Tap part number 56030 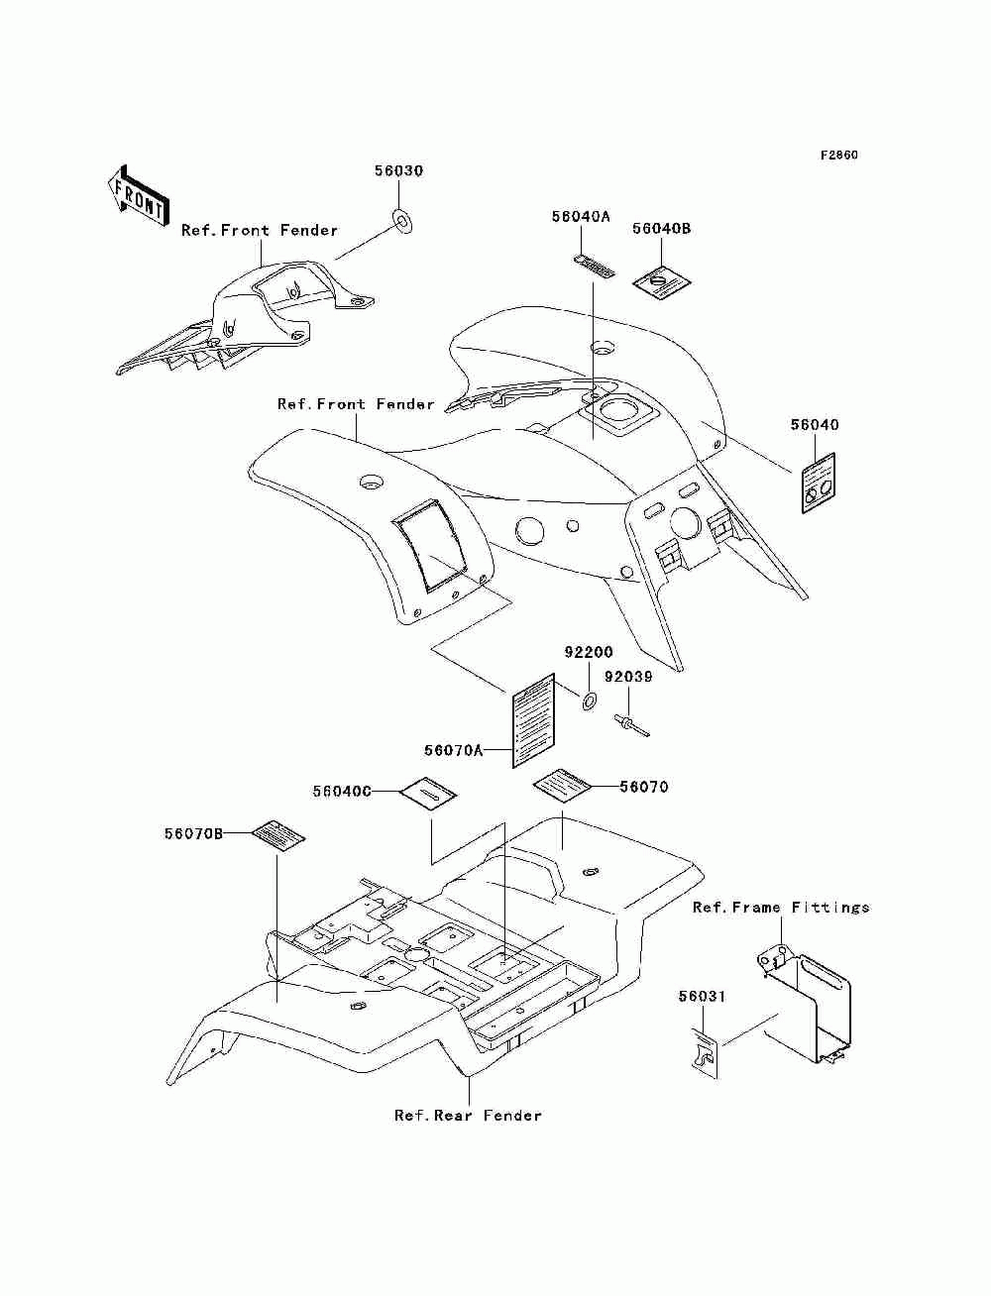click(398, 171)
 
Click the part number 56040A click(581, 217)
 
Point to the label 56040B click(661, 229)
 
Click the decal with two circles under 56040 click(819, 483)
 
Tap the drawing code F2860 click(838, 156)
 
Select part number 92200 click(589, 652)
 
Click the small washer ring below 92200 click(589, 701)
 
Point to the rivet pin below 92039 click(630, 725)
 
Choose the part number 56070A click(454, 750)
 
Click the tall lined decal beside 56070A click(533, 721)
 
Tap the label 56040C click(342, 792)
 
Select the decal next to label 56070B click(278, 833)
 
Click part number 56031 click(702, 997)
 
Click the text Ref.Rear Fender click(468, 1116)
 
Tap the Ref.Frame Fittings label click(781, 907)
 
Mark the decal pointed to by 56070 click(562, 787)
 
